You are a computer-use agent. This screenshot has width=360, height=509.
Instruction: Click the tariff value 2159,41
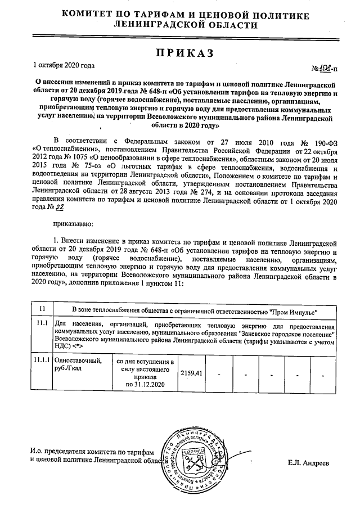[x=190, y=372]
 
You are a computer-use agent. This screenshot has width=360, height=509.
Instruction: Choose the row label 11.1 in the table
[x=40, y=325]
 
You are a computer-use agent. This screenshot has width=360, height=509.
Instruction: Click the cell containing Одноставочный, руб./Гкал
[x=80, y=364]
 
